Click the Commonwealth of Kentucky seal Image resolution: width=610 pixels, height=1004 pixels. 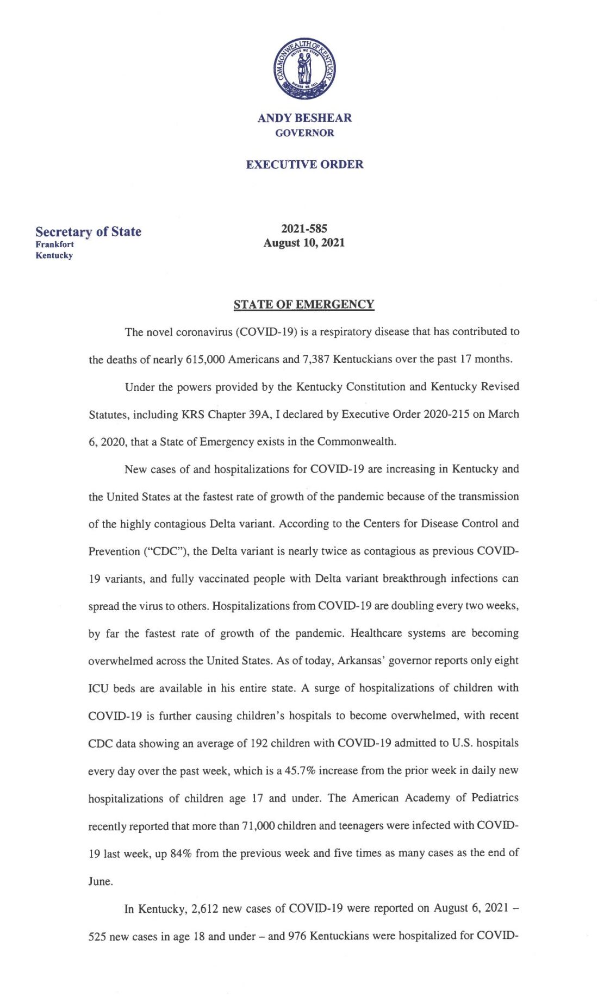click(x=304, y=69)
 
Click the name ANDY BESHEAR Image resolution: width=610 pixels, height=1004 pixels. click(x=304, y=118)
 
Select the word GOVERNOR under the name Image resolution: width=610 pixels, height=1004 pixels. click(x=304, y=133)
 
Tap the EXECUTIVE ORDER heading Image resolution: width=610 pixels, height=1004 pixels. click(x=304, y=165)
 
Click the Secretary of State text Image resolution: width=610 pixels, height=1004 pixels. click(x=88, y=232)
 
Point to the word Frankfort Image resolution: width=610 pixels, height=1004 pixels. click(x=54, y=244)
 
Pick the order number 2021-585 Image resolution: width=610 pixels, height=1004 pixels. click(x=304, y=229)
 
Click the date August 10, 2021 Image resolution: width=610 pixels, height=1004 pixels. click(x=304, y=243)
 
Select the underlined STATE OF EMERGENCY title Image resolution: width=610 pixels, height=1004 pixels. click(x=304, y=304)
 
